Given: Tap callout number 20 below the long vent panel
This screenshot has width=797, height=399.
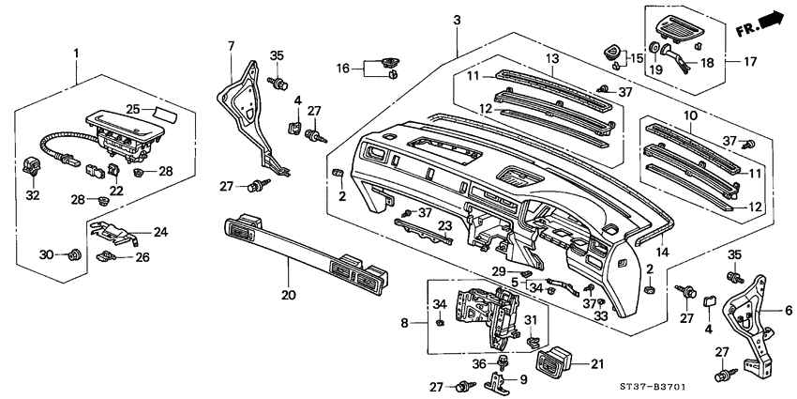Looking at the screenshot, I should pos(288,294).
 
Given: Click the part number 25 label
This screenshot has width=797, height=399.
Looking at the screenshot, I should pos(134,110).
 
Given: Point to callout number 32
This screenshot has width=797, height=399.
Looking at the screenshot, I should pos(33,195).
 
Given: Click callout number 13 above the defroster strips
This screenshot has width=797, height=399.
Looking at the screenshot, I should pos(552,58).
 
